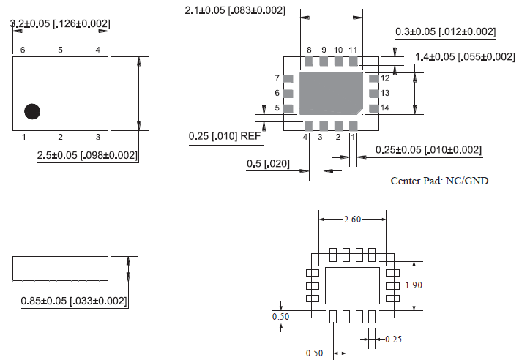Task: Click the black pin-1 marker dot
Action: tap(32, 111)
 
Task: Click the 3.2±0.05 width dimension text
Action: tap(60, 24)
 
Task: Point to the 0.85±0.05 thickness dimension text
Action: tap(70, 301)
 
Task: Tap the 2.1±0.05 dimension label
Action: tap(235, 10)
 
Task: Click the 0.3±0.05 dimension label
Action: tap(445, 31)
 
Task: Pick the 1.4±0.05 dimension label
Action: tap(464, 56)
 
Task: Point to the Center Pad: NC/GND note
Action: tap(439, 181)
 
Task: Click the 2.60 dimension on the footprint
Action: tap(353, 219)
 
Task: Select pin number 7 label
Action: tap(277, 78)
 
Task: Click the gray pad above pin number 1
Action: tap(353, 125)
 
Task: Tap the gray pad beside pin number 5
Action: tap(288, 108)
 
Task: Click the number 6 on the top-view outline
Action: tap(23, 49)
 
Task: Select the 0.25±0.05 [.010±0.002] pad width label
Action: tap(428, 149)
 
